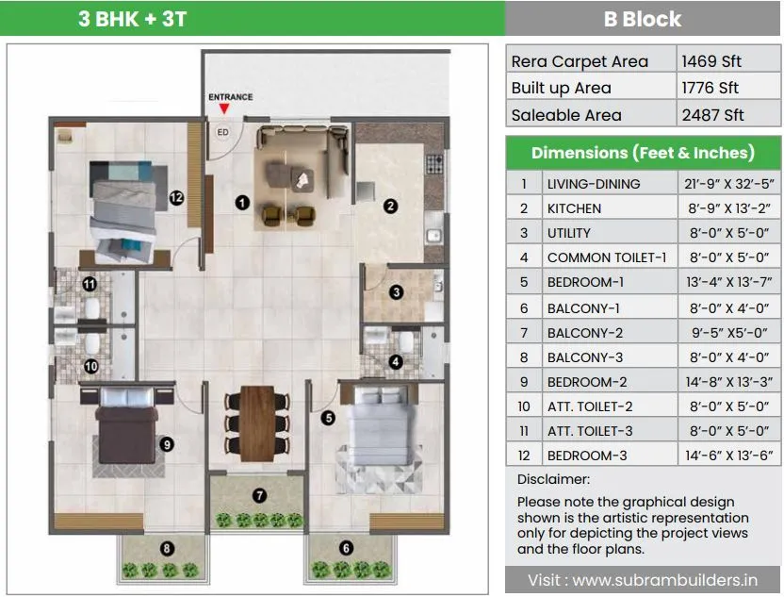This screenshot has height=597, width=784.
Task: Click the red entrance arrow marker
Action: click(223, 110)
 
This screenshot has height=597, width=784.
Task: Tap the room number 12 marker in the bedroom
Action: click(175, 197)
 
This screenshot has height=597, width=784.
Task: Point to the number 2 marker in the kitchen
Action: click(389, 205)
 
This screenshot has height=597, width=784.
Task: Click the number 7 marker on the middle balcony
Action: click(260, 495)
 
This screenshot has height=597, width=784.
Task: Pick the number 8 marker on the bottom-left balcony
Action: click(166, 547)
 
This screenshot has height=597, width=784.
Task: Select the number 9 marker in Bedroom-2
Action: click(166, 444)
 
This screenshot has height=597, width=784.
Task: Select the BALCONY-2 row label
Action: click(585, 333)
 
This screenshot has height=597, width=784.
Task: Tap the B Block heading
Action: click(643, 19)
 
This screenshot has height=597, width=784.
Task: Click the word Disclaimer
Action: click(553, 479)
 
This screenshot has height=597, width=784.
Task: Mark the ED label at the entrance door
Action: click(223, 132)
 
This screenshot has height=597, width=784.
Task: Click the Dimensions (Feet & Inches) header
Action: click(643, 153)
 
